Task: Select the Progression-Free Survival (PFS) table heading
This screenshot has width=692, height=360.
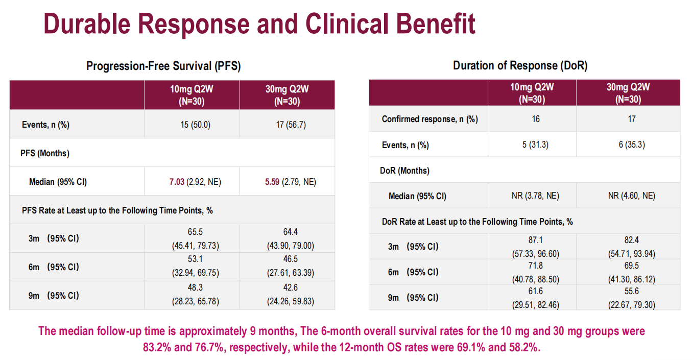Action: [163, 66]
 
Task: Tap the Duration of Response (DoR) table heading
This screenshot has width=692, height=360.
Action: [520, 66]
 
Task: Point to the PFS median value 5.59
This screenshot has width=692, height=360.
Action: [273, 181]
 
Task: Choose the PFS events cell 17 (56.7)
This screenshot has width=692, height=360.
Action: [287, 125]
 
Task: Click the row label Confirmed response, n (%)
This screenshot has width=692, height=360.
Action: [429, 119]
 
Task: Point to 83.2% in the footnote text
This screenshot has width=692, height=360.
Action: [157, 347]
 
